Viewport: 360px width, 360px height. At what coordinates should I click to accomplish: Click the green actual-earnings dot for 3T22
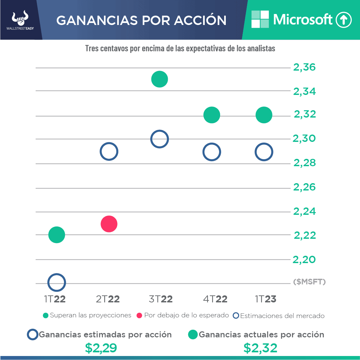pyautogui.click(x=159, y=79)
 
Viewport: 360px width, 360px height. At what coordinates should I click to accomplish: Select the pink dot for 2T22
pyautogui.click(x=109, y=224)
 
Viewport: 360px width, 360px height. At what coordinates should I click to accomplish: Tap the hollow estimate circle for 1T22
pyautogui.click(x=57, y=282)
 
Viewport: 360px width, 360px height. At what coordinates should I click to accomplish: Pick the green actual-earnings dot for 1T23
pyautogui.click(x=264, y=115)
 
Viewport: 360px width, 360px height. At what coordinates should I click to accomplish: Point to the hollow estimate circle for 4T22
pyautogui.click(x=212, y=152)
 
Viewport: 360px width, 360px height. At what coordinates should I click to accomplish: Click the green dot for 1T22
pyautogui.click(x=57, y=235)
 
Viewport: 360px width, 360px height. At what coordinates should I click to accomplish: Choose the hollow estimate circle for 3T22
pyautogui.click(x=160, y=139)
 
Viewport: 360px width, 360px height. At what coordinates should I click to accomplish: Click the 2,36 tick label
pyautogui.click(x=304, y=67)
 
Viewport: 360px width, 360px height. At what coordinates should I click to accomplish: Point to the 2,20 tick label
pyautogui.click(x=304, y=259)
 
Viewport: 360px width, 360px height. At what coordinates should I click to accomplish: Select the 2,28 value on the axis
pyautogui.click(x=304, y=163)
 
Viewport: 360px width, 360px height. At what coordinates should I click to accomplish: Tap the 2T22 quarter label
pyautogui.click(x=108, y=299)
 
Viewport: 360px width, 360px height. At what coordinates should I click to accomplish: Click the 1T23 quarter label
pyautogui.click(x=265, y=299)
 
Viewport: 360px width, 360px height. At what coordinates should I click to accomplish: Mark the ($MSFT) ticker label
pyautogui.click(x=309, y=282)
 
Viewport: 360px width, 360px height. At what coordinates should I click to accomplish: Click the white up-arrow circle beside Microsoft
pyautogui.click(x=343, y=20)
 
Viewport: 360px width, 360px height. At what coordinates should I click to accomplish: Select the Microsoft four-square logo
pyautogui.click(x=260, y=19)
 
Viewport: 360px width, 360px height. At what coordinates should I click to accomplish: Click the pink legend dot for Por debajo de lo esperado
pyautogui.click(x=139, y=315)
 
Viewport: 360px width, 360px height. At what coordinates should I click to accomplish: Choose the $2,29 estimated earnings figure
pyautogui.click(x=101, y=348)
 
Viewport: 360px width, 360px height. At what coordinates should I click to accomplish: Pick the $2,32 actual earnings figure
pyautogui.click(x=260, y=348)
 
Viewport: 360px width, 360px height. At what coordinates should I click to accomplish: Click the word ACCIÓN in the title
pyautogui.click(x=200, y=20)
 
